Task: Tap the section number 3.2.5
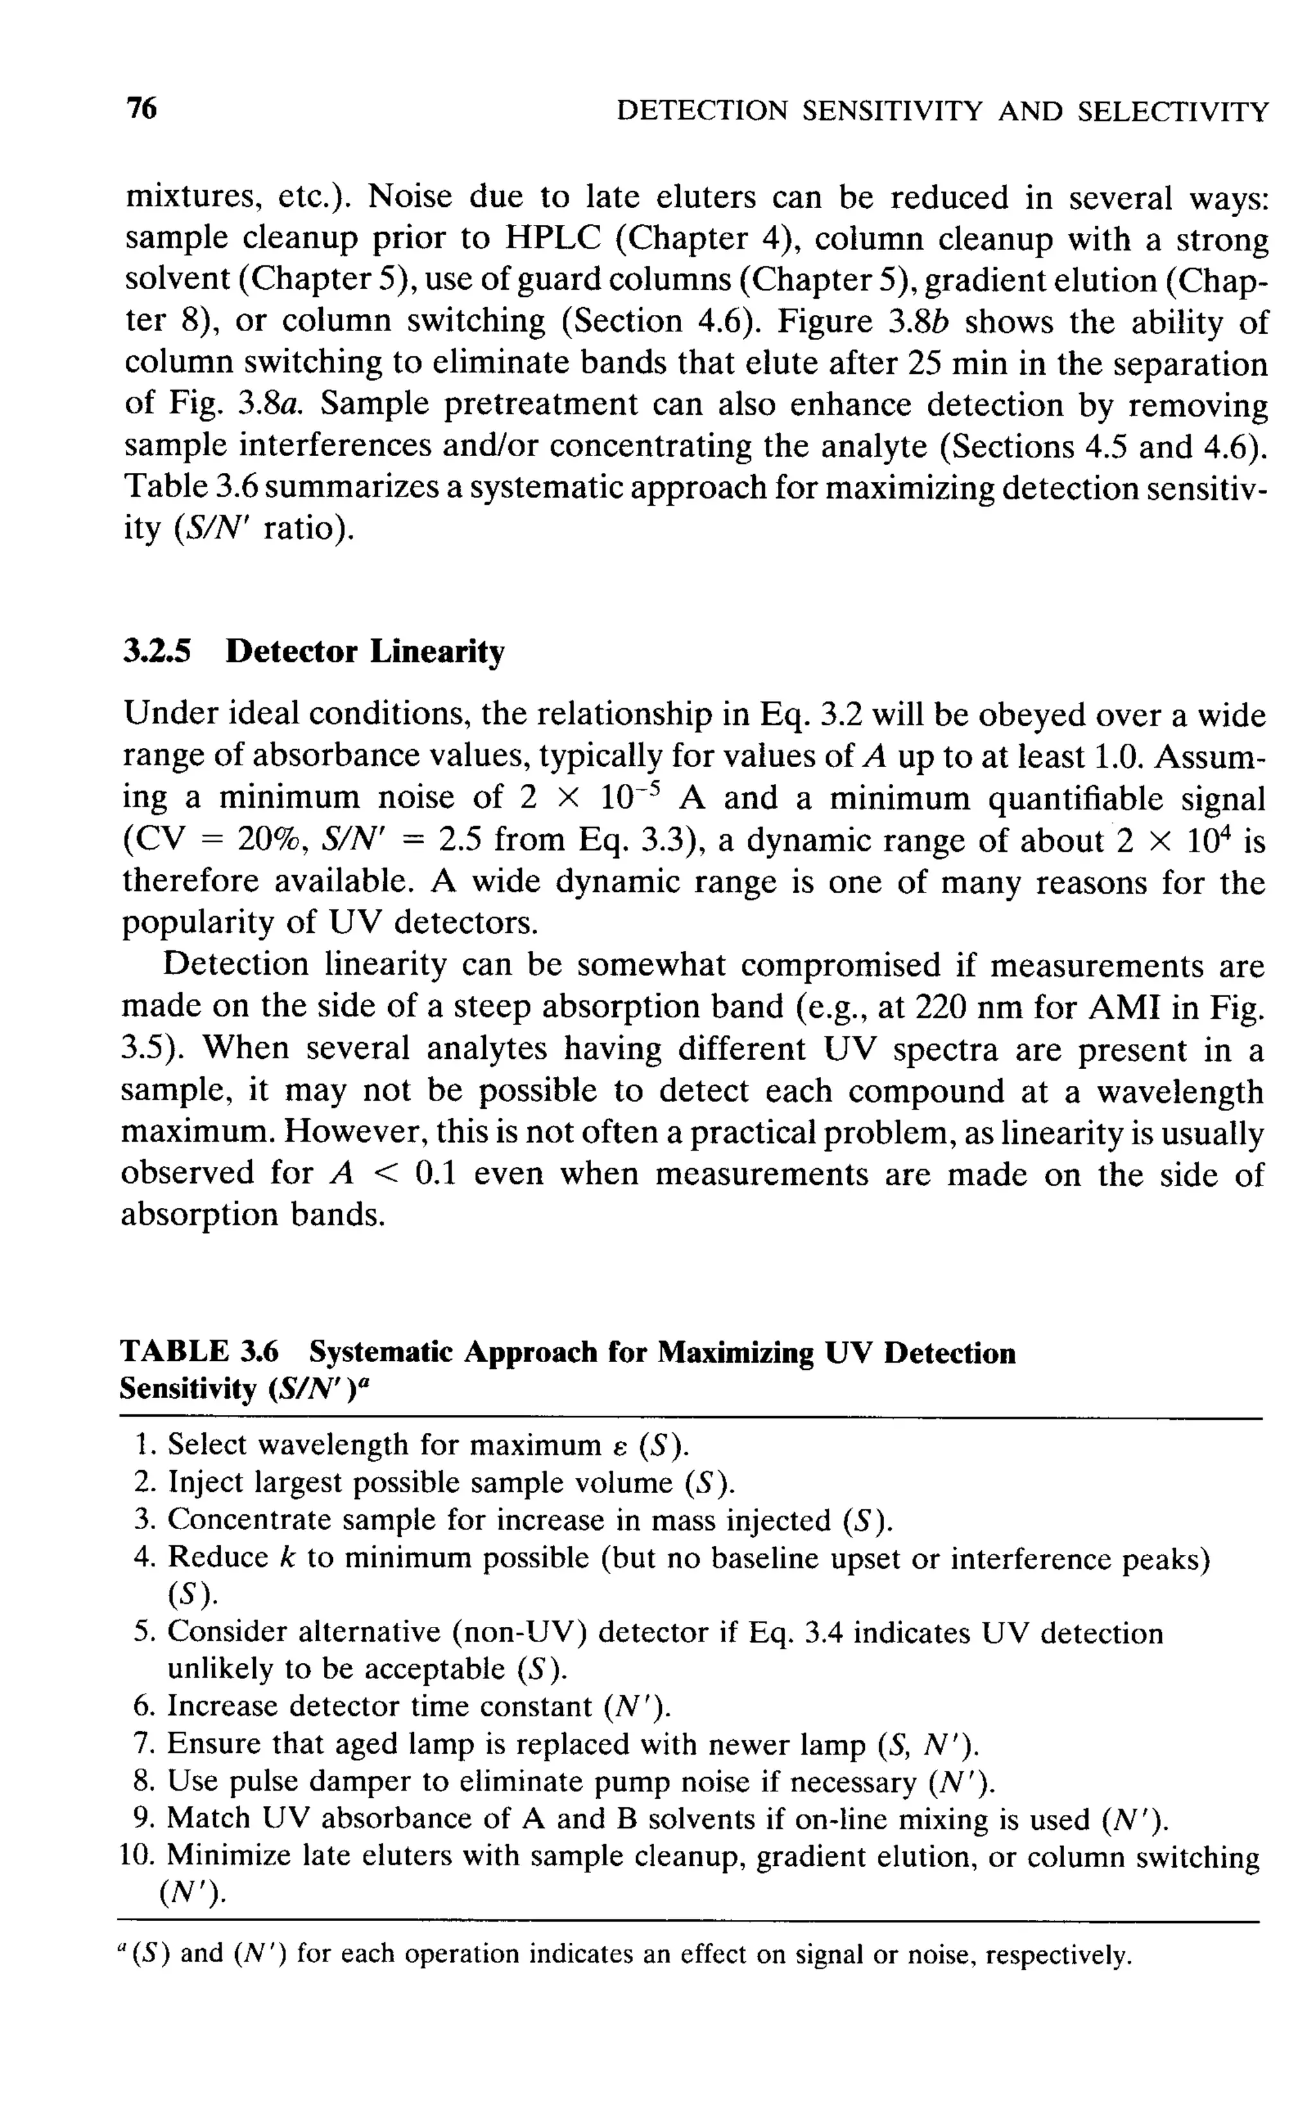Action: coord(157,650)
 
